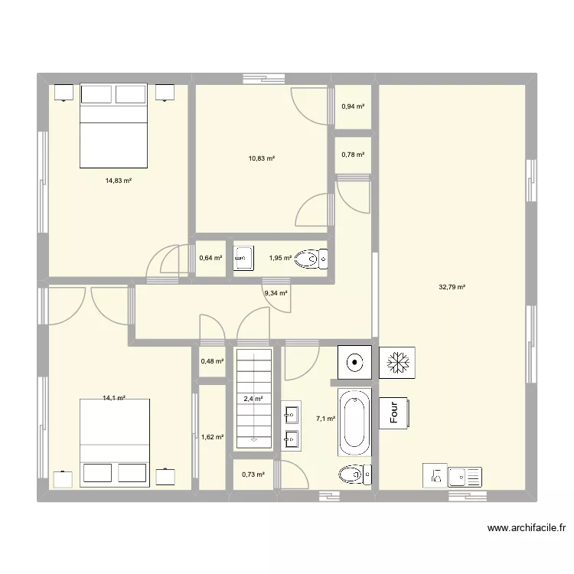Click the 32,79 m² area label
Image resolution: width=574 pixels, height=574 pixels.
click(452, 288)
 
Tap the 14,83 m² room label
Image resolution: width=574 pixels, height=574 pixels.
click(119, 181)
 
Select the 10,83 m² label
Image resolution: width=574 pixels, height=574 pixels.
click(261, 158)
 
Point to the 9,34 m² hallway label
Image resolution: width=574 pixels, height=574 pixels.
click(276, 292)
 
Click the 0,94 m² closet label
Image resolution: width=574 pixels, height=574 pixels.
click(353, 106)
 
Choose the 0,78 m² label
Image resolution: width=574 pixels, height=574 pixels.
click(353, 155)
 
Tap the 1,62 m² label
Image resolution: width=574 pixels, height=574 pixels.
click(212, 437)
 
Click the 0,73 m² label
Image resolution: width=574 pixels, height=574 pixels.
click(253, 475)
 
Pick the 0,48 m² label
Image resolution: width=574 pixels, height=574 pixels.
click(212, 361)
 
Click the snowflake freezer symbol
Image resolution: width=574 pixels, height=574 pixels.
click(397, 362)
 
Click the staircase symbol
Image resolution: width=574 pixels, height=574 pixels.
click(253, 397)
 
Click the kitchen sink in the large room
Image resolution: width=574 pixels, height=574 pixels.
click(464, 476)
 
